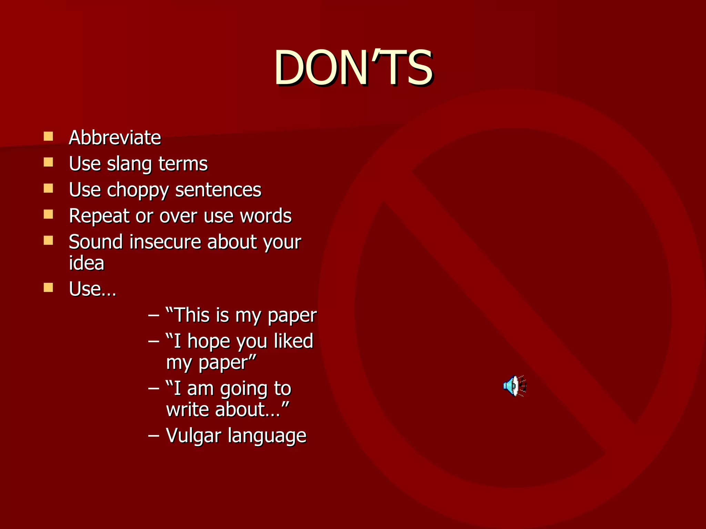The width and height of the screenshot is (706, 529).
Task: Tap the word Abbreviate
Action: click(x=115, y=137)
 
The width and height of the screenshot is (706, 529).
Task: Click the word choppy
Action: click(x=137, y=190)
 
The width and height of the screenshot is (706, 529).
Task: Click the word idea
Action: click(x=87, y=263)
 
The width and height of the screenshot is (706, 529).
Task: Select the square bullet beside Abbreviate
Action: click(x=48, y=136)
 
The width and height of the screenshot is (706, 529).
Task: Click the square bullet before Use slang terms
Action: click(x=48, y=162)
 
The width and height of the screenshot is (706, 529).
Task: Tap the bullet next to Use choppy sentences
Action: click(x=48, y=188)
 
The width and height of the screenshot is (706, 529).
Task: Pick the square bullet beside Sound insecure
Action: click(x=48, y=240)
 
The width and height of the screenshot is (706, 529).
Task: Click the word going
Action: click(x=244, y=389)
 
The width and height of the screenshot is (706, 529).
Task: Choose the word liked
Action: click(x=293, y=341)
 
